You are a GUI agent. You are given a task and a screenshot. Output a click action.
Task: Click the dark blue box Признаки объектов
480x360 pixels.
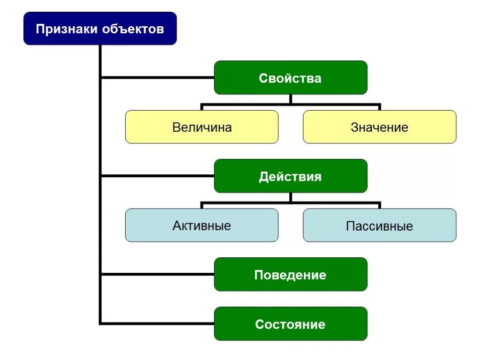(x=100, y=29)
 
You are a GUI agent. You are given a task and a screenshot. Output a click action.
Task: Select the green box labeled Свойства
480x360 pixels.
(x=291, y=78)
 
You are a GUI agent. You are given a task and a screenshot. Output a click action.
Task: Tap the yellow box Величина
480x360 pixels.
(x=202, y=127)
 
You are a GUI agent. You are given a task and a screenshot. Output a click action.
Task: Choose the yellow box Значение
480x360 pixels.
(x=379, y=127)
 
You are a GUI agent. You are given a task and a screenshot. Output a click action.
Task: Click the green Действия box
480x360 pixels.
(x=291, y=176)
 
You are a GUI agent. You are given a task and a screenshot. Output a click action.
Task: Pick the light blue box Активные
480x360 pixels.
(x=202, y=225)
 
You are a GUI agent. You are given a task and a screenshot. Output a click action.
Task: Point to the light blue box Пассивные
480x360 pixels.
(x=379, y=225)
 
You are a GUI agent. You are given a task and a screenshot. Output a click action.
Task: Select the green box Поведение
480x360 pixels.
(x=291, y=275)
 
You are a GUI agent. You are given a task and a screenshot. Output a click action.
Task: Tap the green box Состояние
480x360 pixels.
(x=291, y=324)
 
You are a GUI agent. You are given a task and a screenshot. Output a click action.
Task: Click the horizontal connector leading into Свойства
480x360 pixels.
(x=157, y=77)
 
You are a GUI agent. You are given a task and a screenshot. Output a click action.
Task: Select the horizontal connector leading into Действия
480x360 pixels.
(x=157, y=176)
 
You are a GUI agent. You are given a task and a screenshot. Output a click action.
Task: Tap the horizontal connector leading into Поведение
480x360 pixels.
(x=157, y=274)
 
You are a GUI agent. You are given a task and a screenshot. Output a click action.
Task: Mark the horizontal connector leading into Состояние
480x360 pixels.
(x=157, y=323)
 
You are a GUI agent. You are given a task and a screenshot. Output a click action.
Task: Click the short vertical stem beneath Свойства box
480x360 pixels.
(x=291, y=99)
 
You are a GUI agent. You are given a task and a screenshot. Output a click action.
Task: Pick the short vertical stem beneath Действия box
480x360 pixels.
(x=291, y=197)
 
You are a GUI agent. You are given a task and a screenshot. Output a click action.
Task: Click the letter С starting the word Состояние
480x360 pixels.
(x=259, y=324)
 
